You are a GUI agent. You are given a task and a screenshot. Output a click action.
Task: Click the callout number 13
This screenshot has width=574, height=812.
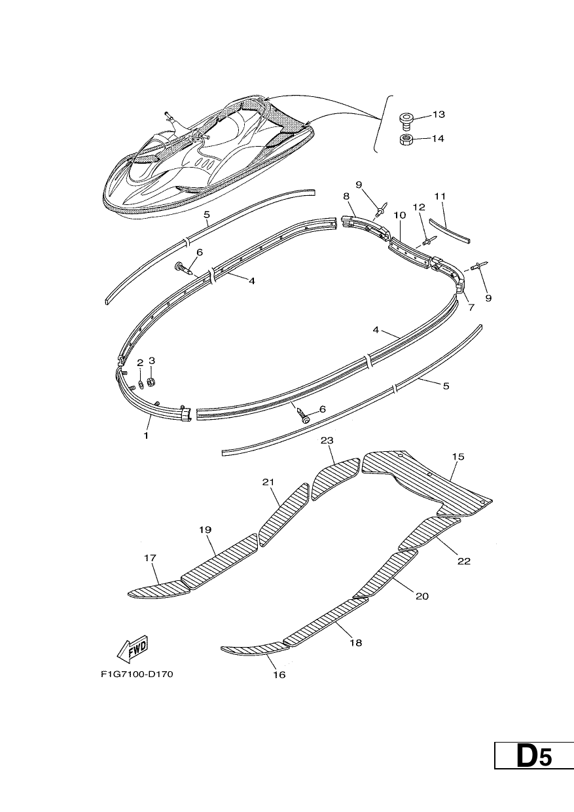tap(438, 115)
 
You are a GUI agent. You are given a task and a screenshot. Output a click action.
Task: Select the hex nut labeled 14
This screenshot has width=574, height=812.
tap(406, 139)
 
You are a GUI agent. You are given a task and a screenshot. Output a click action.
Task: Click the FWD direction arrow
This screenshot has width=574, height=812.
tap(133, 648)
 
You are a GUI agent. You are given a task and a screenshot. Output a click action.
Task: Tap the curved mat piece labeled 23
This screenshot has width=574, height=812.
tap(336, 478)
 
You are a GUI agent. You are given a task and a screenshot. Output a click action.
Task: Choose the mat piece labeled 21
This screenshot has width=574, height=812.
tap(285, 515)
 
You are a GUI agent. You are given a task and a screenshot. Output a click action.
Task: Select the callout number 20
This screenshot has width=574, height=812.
tap(422, 597)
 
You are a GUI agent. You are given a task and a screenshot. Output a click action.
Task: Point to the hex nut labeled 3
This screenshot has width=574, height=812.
tap(153, 382)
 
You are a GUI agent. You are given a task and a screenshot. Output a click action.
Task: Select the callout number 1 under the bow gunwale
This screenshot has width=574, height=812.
tap(146, 435)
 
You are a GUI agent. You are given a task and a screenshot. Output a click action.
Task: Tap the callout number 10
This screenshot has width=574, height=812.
tap(400, 215)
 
